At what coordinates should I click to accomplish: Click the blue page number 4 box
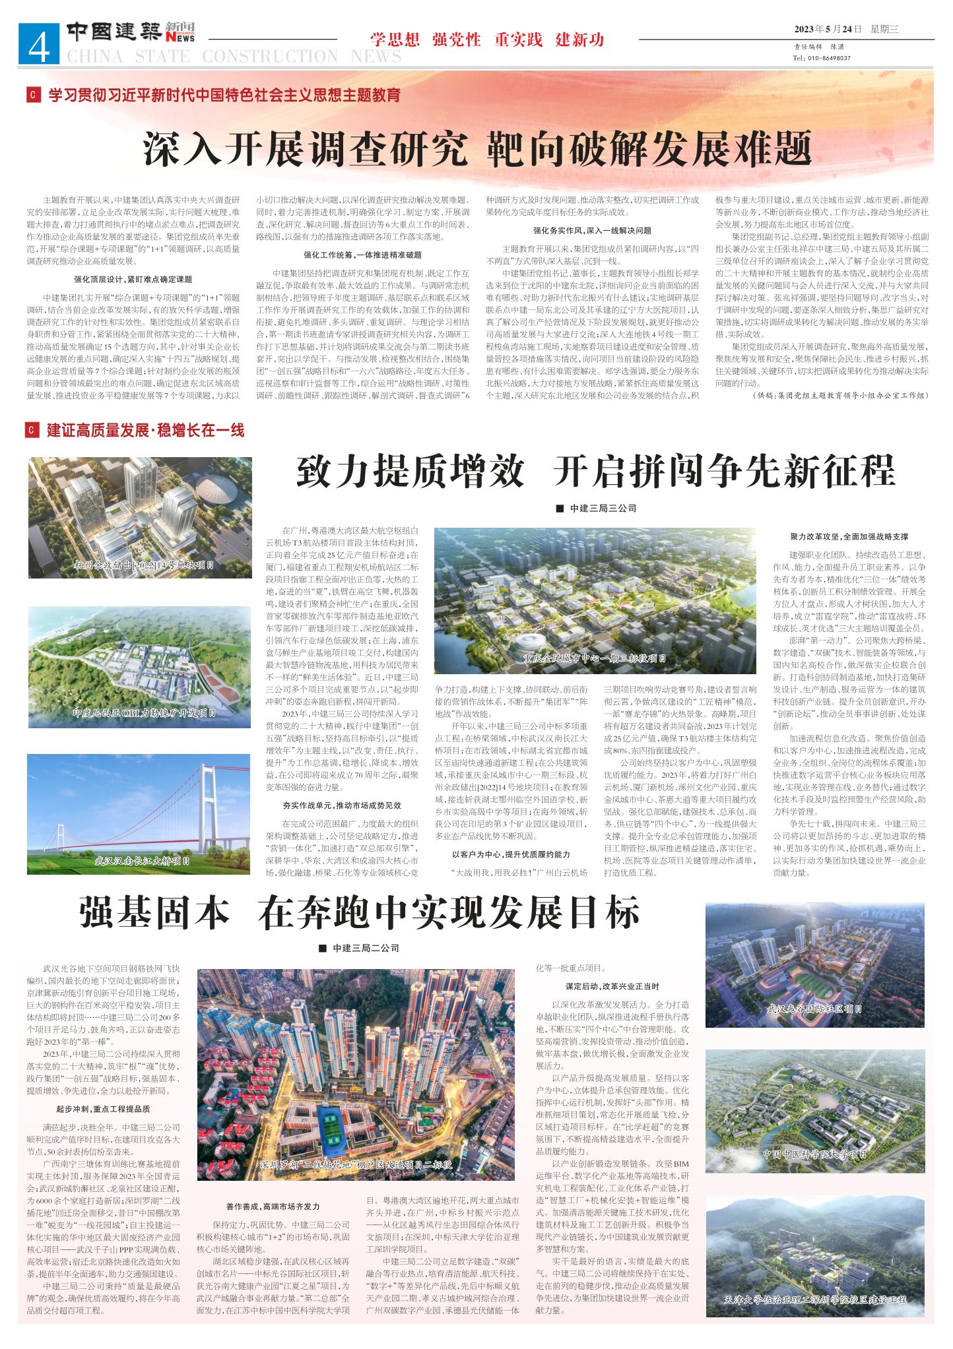(39, 44)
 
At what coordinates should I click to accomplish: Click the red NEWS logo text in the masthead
(181, 38)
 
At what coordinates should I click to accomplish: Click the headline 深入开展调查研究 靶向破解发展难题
(476, 149)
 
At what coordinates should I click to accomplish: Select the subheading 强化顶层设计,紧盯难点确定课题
(133, 280)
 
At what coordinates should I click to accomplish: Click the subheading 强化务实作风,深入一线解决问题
(592, 231)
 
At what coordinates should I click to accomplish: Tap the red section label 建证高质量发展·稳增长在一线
(145, 431)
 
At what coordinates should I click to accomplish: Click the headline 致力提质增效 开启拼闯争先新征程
(595, 472)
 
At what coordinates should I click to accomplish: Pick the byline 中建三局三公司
(603, 508)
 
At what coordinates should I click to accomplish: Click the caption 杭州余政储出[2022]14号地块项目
(143, 565)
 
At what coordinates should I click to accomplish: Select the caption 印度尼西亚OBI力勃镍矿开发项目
(145, 713)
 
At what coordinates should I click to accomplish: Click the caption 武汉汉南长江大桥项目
(142, 861)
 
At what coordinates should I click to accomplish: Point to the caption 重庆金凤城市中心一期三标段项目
(595, 658)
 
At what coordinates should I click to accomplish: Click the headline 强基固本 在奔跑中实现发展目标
(360, 913)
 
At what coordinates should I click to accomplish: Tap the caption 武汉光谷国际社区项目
(814, 1009)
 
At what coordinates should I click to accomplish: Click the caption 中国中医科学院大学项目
(814, 1154)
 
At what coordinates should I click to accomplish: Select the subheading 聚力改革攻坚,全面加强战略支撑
(849, 536)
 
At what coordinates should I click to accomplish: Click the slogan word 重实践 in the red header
(518, 40)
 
